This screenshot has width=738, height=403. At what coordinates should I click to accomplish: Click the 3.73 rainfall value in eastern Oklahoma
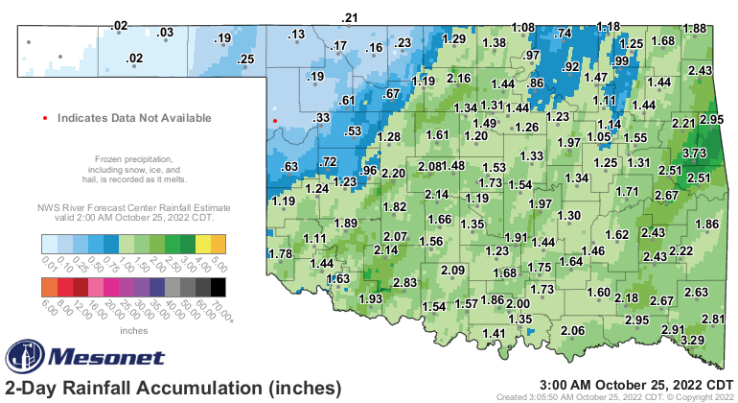coord(694,153)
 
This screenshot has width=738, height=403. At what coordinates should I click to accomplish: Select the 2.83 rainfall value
coord(404,281)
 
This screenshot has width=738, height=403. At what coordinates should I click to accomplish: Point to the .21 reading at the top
coord(350,18)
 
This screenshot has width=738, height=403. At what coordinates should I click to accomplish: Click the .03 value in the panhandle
coord(165,33)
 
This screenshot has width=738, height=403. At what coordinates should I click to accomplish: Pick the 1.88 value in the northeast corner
coord(694,28)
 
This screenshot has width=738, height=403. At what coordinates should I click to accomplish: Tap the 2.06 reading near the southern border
coord(572,330)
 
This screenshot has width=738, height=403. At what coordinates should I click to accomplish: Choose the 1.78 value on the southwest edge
coord(280,253)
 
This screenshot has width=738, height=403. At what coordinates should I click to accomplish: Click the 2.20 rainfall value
coord(394,173)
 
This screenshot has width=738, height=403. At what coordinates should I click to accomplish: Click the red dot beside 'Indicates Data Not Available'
coord(45,118)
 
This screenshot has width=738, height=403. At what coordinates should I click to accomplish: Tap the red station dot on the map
coord(275,121)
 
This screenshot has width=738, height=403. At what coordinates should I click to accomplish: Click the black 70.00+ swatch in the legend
coord(219,286)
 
